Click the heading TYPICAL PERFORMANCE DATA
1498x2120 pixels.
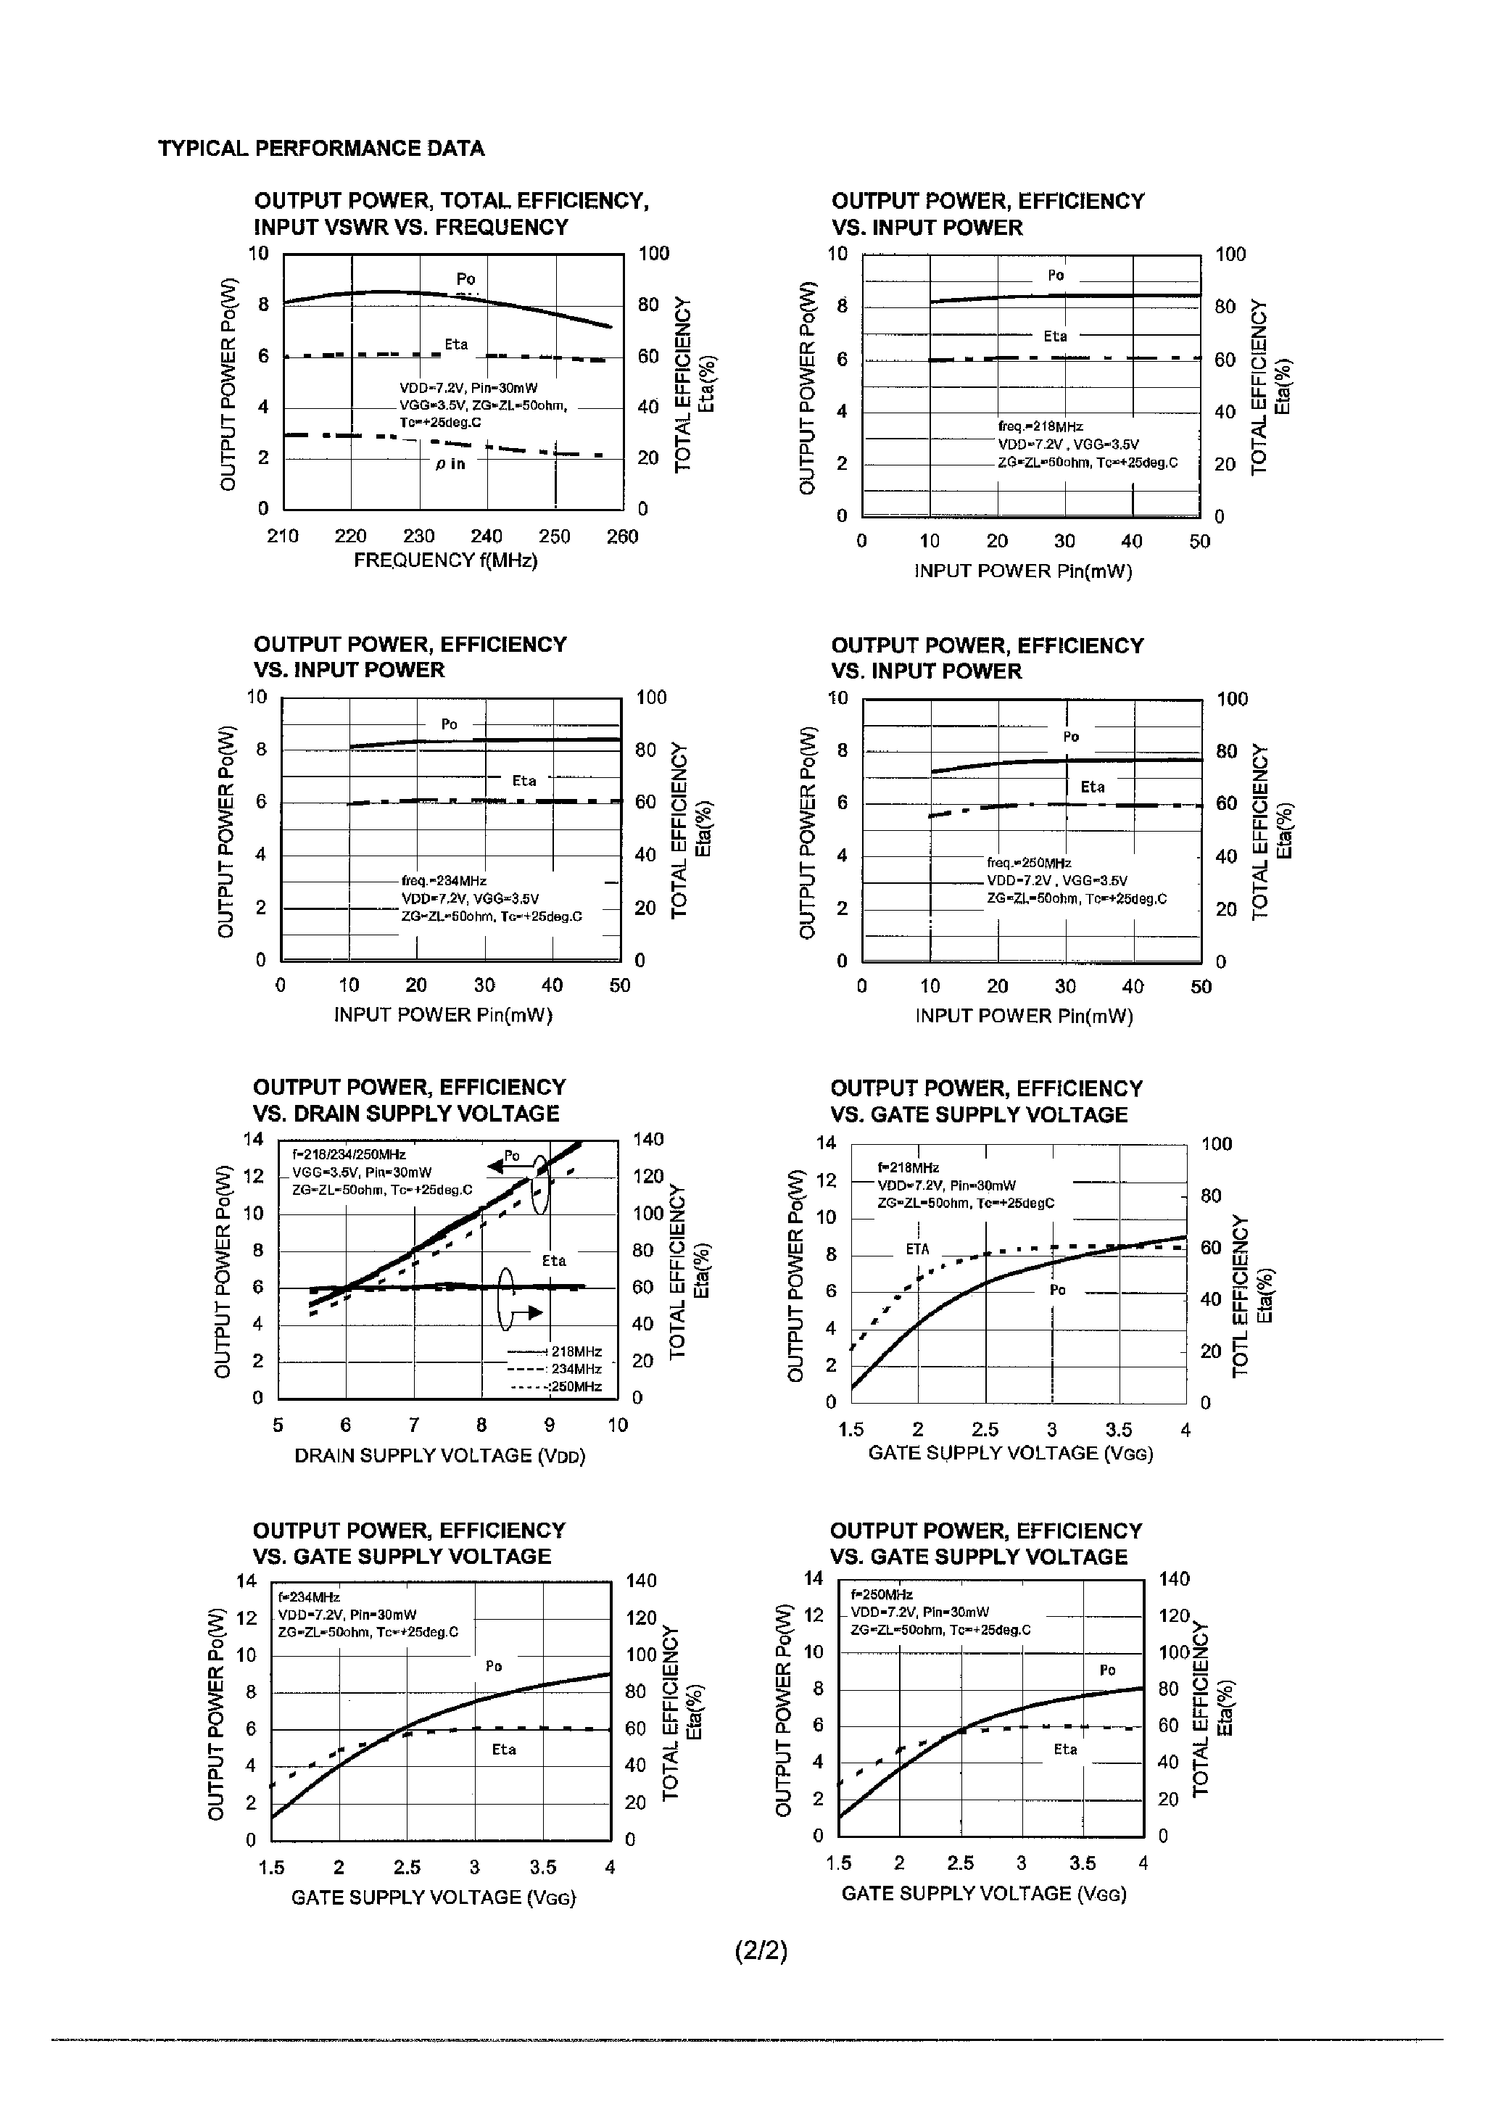point(320,149)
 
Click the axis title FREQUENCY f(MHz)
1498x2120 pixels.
point(445,560)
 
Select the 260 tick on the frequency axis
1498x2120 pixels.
point(621,537)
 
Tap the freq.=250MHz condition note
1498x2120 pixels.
point(1028,862)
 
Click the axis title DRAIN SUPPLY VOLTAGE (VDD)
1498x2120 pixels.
point(439,1456)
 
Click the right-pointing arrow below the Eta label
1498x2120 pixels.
point(529,1312)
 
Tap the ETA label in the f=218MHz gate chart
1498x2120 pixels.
point(917,1249)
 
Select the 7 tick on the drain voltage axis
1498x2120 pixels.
point(414,1425)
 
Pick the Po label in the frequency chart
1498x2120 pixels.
point(465,279)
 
